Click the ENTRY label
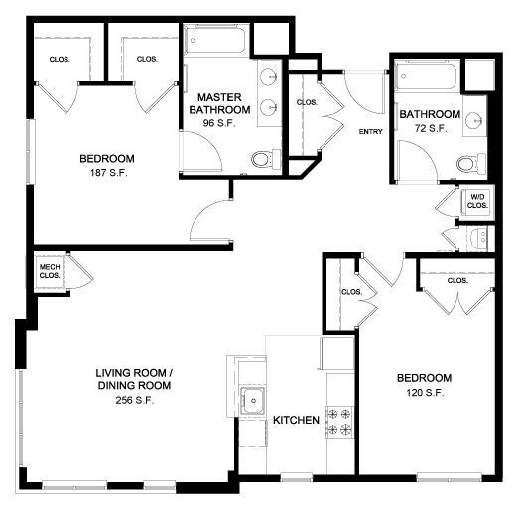click(370, 132)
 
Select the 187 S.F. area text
click(107, 172)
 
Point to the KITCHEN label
click(296, 420)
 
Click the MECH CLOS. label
click(50, 272)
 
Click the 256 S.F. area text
click(134, 400)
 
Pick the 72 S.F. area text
click(430, 128)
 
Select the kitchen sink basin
click(254, 403)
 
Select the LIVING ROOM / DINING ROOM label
click(134, 380)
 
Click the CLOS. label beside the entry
click(307, 102)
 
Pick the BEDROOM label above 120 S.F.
click(424, 378)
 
